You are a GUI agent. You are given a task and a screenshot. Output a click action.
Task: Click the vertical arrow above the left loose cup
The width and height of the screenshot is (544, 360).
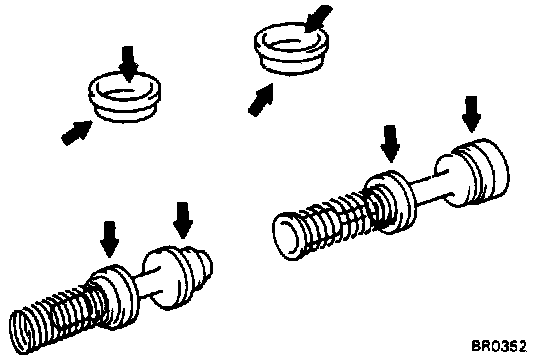(x=128, y=64)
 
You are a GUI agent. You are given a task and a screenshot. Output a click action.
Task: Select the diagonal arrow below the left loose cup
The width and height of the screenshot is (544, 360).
(x=76, y=133)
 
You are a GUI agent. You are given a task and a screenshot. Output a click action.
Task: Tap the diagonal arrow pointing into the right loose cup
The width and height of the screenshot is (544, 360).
(x=318, y=18)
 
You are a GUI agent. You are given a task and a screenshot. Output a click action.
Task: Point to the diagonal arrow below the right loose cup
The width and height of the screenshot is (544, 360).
(x=261, y=100)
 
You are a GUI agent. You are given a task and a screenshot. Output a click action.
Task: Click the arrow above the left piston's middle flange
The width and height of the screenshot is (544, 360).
(x=110, y=239)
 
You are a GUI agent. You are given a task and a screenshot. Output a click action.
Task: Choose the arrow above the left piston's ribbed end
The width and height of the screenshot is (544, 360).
(x=183, y=220)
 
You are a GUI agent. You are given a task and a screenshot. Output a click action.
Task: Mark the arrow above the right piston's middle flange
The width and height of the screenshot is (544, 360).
(x=390, y=144)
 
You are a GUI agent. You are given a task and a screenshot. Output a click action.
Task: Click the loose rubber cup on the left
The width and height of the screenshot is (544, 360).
(x=125, y=97)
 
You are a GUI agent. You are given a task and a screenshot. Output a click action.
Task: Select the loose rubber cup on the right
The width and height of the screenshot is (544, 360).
(x=291, y=48)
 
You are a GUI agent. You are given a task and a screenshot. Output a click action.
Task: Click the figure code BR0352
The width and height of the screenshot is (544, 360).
(x=499, y=346)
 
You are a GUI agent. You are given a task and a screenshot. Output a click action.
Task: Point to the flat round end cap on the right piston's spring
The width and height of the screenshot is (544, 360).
(x=287, y=237)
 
